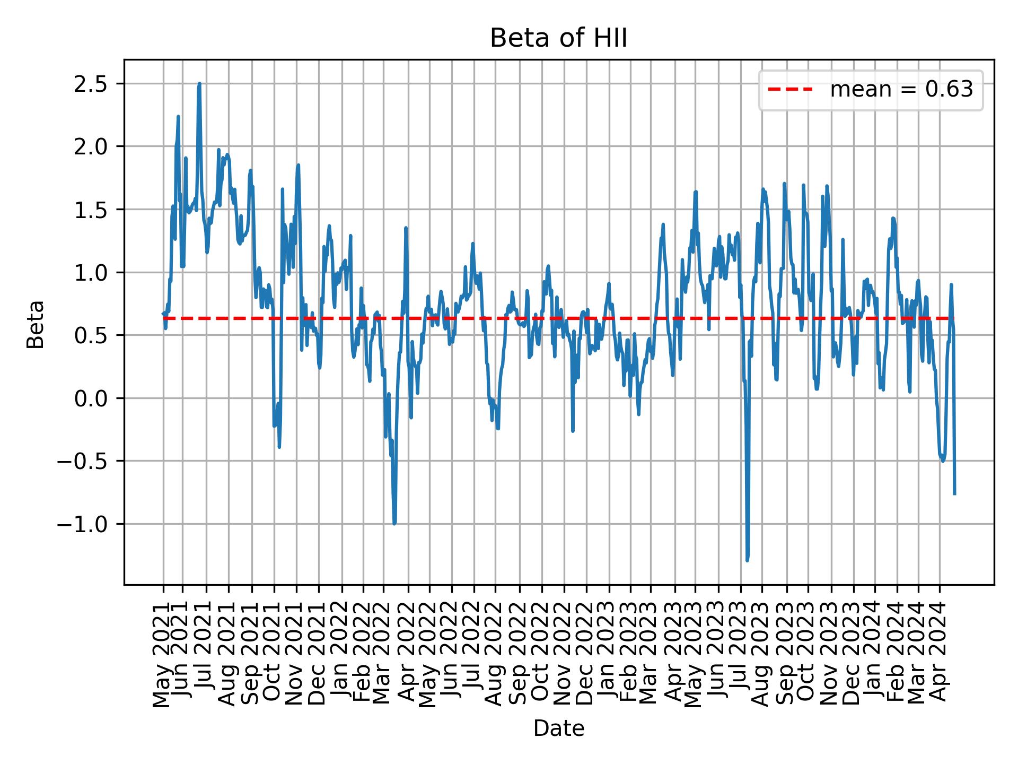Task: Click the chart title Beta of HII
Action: [558, 39]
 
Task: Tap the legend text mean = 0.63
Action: [901, 90]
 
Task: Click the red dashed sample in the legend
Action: [790, 90]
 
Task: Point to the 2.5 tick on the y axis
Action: [91, 84]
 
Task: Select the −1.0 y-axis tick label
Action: [86, 524]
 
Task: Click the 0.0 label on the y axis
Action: [91, 398]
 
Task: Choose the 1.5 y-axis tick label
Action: [91, 210]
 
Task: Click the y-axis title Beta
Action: [36, 324]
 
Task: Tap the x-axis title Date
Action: [558, 729]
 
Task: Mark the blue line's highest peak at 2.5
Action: [199, 84]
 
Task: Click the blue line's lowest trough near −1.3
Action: [747, 560]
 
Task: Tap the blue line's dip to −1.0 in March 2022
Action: [394, 524]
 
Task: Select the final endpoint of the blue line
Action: [954, 494]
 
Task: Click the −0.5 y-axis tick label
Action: [86, 461]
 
